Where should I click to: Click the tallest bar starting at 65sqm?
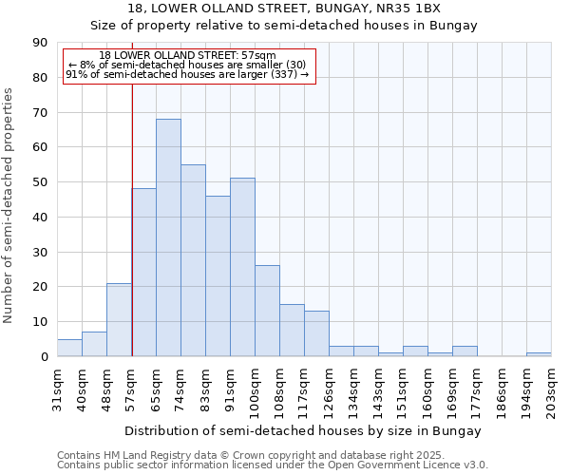coord(168,237)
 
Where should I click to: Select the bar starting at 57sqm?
coord(143,273)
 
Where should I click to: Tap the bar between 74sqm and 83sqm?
coord(193,260)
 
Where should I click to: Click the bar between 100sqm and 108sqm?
coord(267,311)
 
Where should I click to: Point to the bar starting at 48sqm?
coord(119,320)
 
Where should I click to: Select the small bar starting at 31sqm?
coord(69,348)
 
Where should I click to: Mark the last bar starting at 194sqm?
coord(539,354)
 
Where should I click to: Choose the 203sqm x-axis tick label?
coord(551,389)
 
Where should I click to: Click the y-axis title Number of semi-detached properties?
coord(9,205)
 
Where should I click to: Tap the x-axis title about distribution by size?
coord(303,430)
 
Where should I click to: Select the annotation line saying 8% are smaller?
coord(187,65)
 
